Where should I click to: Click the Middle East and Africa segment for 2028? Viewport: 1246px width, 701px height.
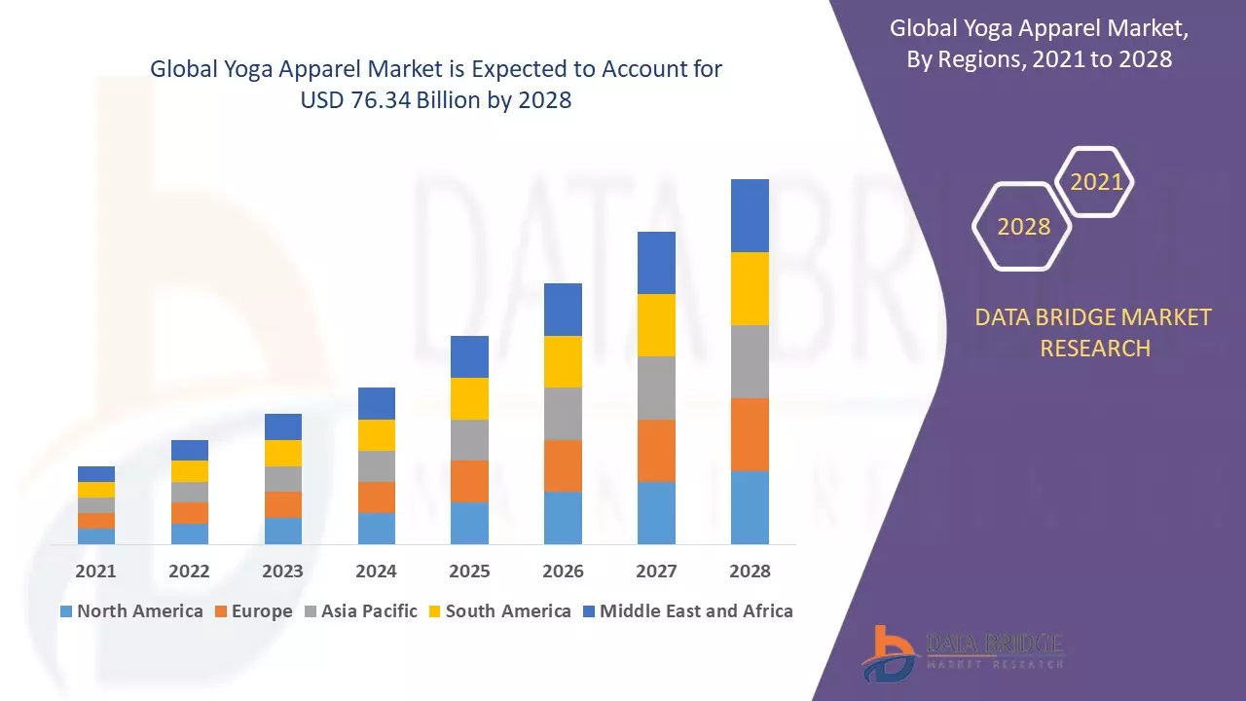click(750, 215)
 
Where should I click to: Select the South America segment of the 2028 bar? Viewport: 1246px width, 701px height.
click(750, 288)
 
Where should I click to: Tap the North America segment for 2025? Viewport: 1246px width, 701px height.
click(469, 523)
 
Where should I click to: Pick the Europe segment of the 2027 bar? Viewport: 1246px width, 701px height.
click(656, 450)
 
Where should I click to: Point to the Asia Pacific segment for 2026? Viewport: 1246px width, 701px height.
click(563, 414)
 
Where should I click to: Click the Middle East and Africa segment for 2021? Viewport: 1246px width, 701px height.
click(96, 474)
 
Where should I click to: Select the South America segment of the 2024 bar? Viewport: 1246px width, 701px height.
click(377, 435)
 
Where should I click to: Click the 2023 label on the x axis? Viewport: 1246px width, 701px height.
click(282, 572)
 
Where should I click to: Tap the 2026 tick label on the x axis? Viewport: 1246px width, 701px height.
click(563, 572)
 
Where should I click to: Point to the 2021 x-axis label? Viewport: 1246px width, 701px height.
click(95, 572)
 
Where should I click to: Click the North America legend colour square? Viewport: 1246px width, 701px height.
click(66, 611)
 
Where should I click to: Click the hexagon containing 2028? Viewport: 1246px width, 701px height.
click(1023, 227)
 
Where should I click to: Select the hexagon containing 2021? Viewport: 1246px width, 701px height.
click(1096, 182)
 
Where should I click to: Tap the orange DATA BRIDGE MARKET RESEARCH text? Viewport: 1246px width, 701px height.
click(1095, 332)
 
